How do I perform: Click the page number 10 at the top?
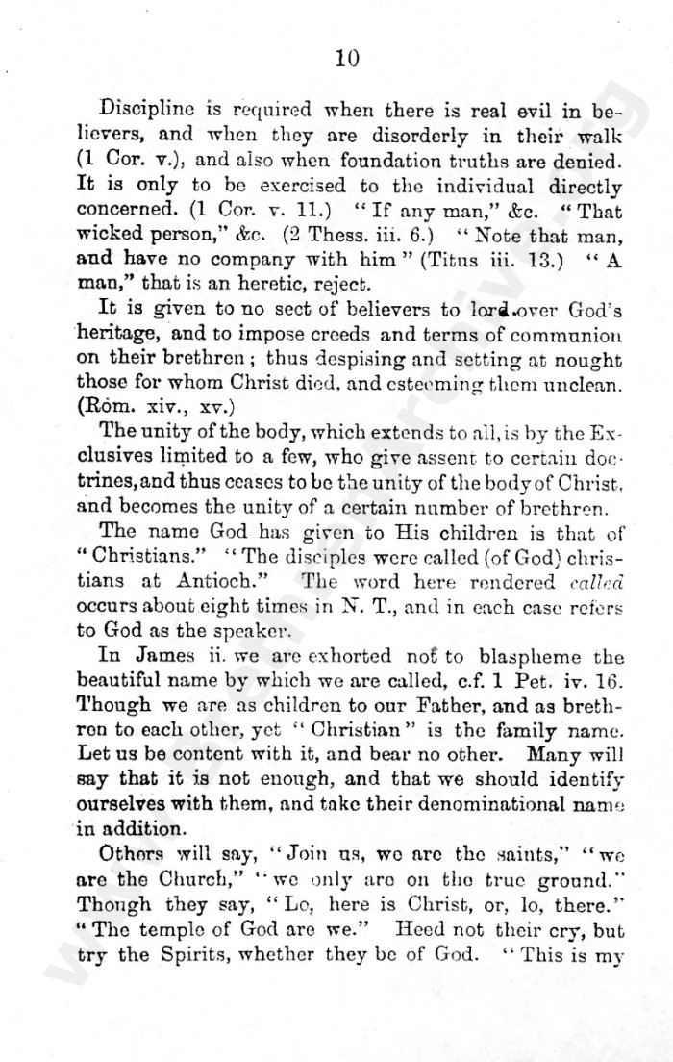[347, 59]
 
